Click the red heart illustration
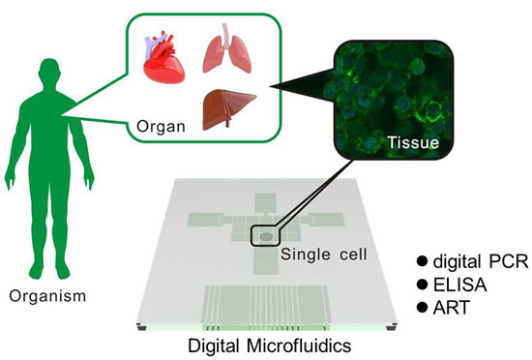(x=165, y=59)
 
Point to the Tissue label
(x=413, y=143)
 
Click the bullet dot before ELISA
(x=421, y=285)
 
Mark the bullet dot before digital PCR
(x=421, y=261)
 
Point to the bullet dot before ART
(x=421, y=307)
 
